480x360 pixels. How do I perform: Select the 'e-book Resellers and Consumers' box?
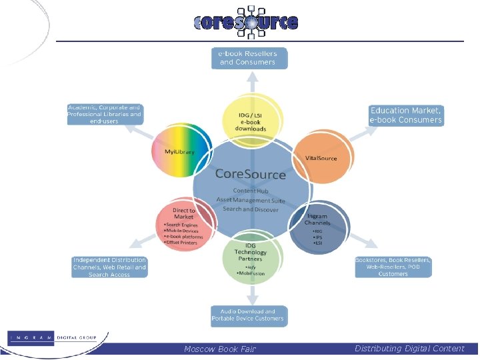250,57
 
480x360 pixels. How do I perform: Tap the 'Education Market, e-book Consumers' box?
406,115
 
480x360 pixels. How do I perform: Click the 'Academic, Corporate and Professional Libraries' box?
105,115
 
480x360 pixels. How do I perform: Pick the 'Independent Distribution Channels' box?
109,267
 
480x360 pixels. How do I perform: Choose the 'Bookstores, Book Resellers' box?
393,267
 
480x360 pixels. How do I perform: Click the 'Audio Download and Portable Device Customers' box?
249,315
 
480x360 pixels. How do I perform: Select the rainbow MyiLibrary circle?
181,151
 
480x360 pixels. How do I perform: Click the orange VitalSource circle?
321,157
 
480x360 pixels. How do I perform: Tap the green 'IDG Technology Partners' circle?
251,257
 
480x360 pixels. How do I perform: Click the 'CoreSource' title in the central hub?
251,175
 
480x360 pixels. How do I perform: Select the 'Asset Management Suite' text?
251,200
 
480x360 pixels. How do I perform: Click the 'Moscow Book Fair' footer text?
220,349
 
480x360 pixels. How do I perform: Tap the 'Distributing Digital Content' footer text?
409,349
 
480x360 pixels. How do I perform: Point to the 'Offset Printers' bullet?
181,243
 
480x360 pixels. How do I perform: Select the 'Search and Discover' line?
251,209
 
